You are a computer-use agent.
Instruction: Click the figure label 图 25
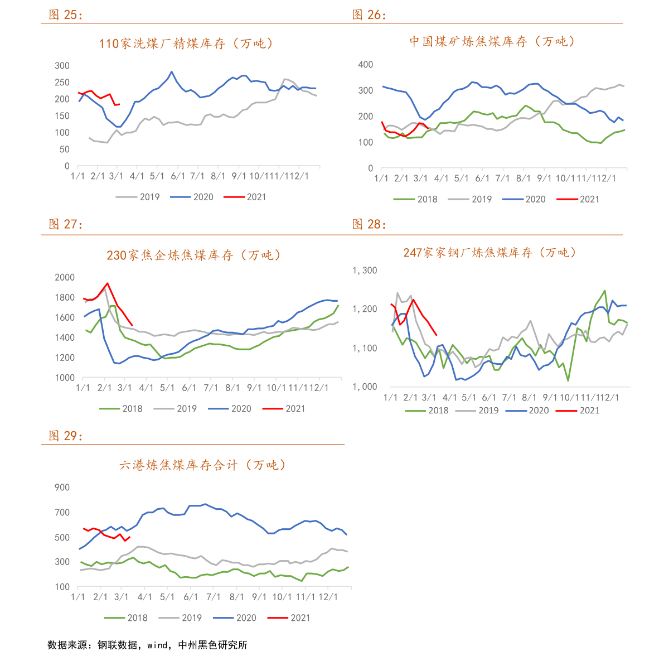tap(65, 15)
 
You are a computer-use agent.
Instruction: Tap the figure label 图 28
tap(369, 224)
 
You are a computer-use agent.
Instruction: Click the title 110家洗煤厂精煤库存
tap(186, 44)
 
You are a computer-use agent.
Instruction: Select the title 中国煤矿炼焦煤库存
tap(492, 41)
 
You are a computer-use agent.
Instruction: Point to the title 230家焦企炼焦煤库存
tap(194, 255)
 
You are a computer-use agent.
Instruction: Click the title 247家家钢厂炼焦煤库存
tap(489, 253)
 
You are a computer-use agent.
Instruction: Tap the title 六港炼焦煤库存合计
tap(203, 465)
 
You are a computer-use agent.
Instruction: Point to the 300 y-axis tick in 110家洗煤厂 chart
tap(62, 66)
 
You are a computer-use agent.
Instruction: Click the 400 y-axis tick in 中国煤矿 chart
tap(366, 65)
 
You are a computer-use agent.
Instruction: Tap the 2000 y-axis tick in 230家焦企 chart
tap(65, 277)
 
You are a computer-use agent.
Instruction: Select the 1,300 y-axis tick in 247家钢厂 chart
tap(365, 271)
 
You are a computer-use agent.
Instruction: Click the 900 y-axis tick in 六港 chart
tap(62, 488)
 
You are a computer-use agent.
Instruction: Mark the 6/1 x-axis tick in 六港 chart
tap(191, 597)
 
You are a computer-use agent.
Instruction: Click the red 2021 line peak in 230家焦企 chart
tap(108, 283)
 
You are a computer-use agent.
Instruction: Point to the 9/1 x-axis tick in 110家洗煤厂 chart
tap(239, 176)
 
